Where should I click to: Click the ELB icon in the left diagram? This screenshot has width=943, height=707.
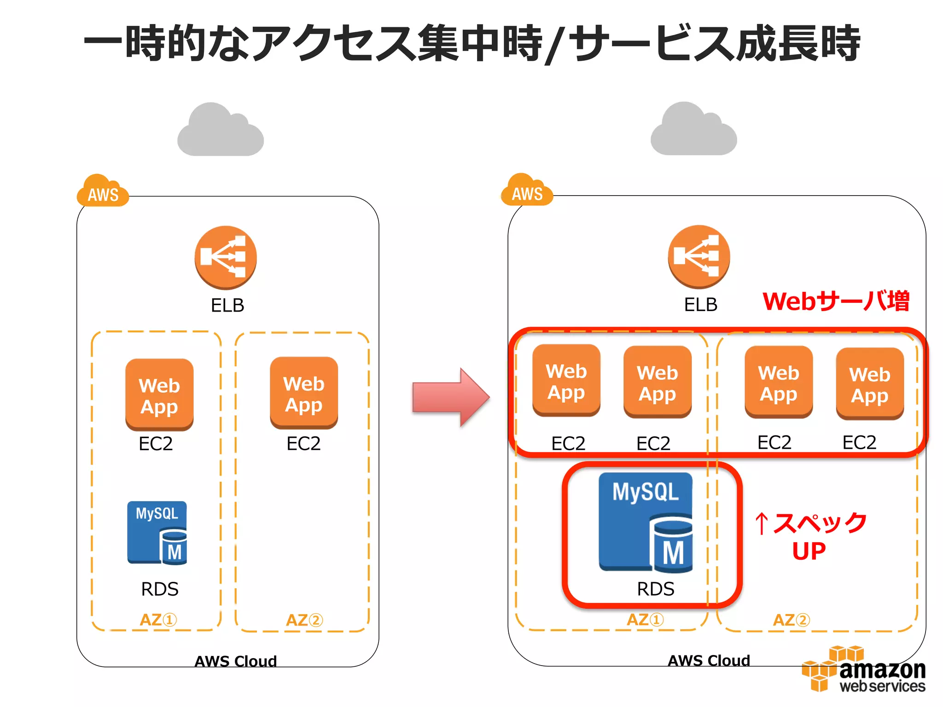[x=226, y=257]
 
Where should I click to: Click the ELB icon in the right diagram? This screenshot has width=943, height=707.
[x=699, y=256]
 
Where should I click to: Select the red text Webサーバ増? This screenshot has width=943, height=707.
[x=835, y=301]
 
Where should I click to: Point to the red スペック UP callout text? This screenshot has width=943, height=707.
[x=810, y=536]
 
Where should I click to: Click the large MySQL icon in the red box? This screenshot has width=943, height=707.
[x=646, y=522]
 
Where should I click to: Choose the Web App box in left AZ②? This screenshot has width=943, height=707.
[x=304, y=393]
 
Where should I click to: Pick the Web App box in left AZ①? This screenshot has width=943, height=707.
[x=159, y=394]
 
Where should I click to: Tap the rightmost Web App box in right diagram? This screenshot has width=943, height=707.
[x=869, y=383]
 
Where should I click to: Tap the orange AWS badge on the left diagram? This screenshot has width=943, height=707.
[x=103, y=192]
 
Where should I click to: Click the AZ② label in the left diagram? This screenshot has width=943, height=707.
[x=304, y=620]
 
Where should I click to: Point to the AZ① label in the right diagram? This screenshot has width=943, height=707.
[x=645, y=620]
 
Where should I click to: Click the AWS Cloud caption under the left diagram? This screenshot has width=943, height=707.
[x=235, y=661]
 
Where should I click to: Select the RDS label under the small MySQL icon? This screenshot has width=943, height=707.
[x=159, y=589]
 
